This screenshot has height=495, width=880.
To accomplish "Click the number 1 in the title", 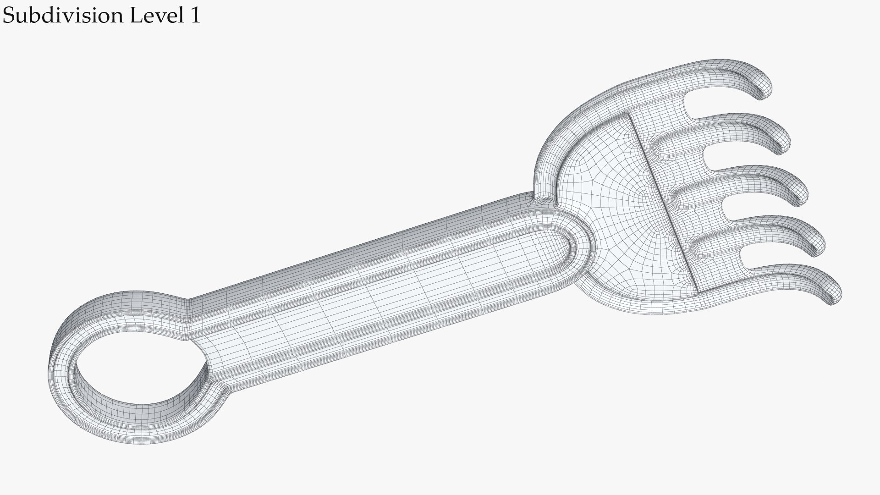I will coord(194,16).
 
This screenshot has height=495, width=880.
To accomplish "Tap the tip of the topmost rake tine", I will coord(764,94).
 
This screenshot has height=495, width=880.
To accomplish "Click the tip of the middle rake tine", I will coord(802,197).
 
